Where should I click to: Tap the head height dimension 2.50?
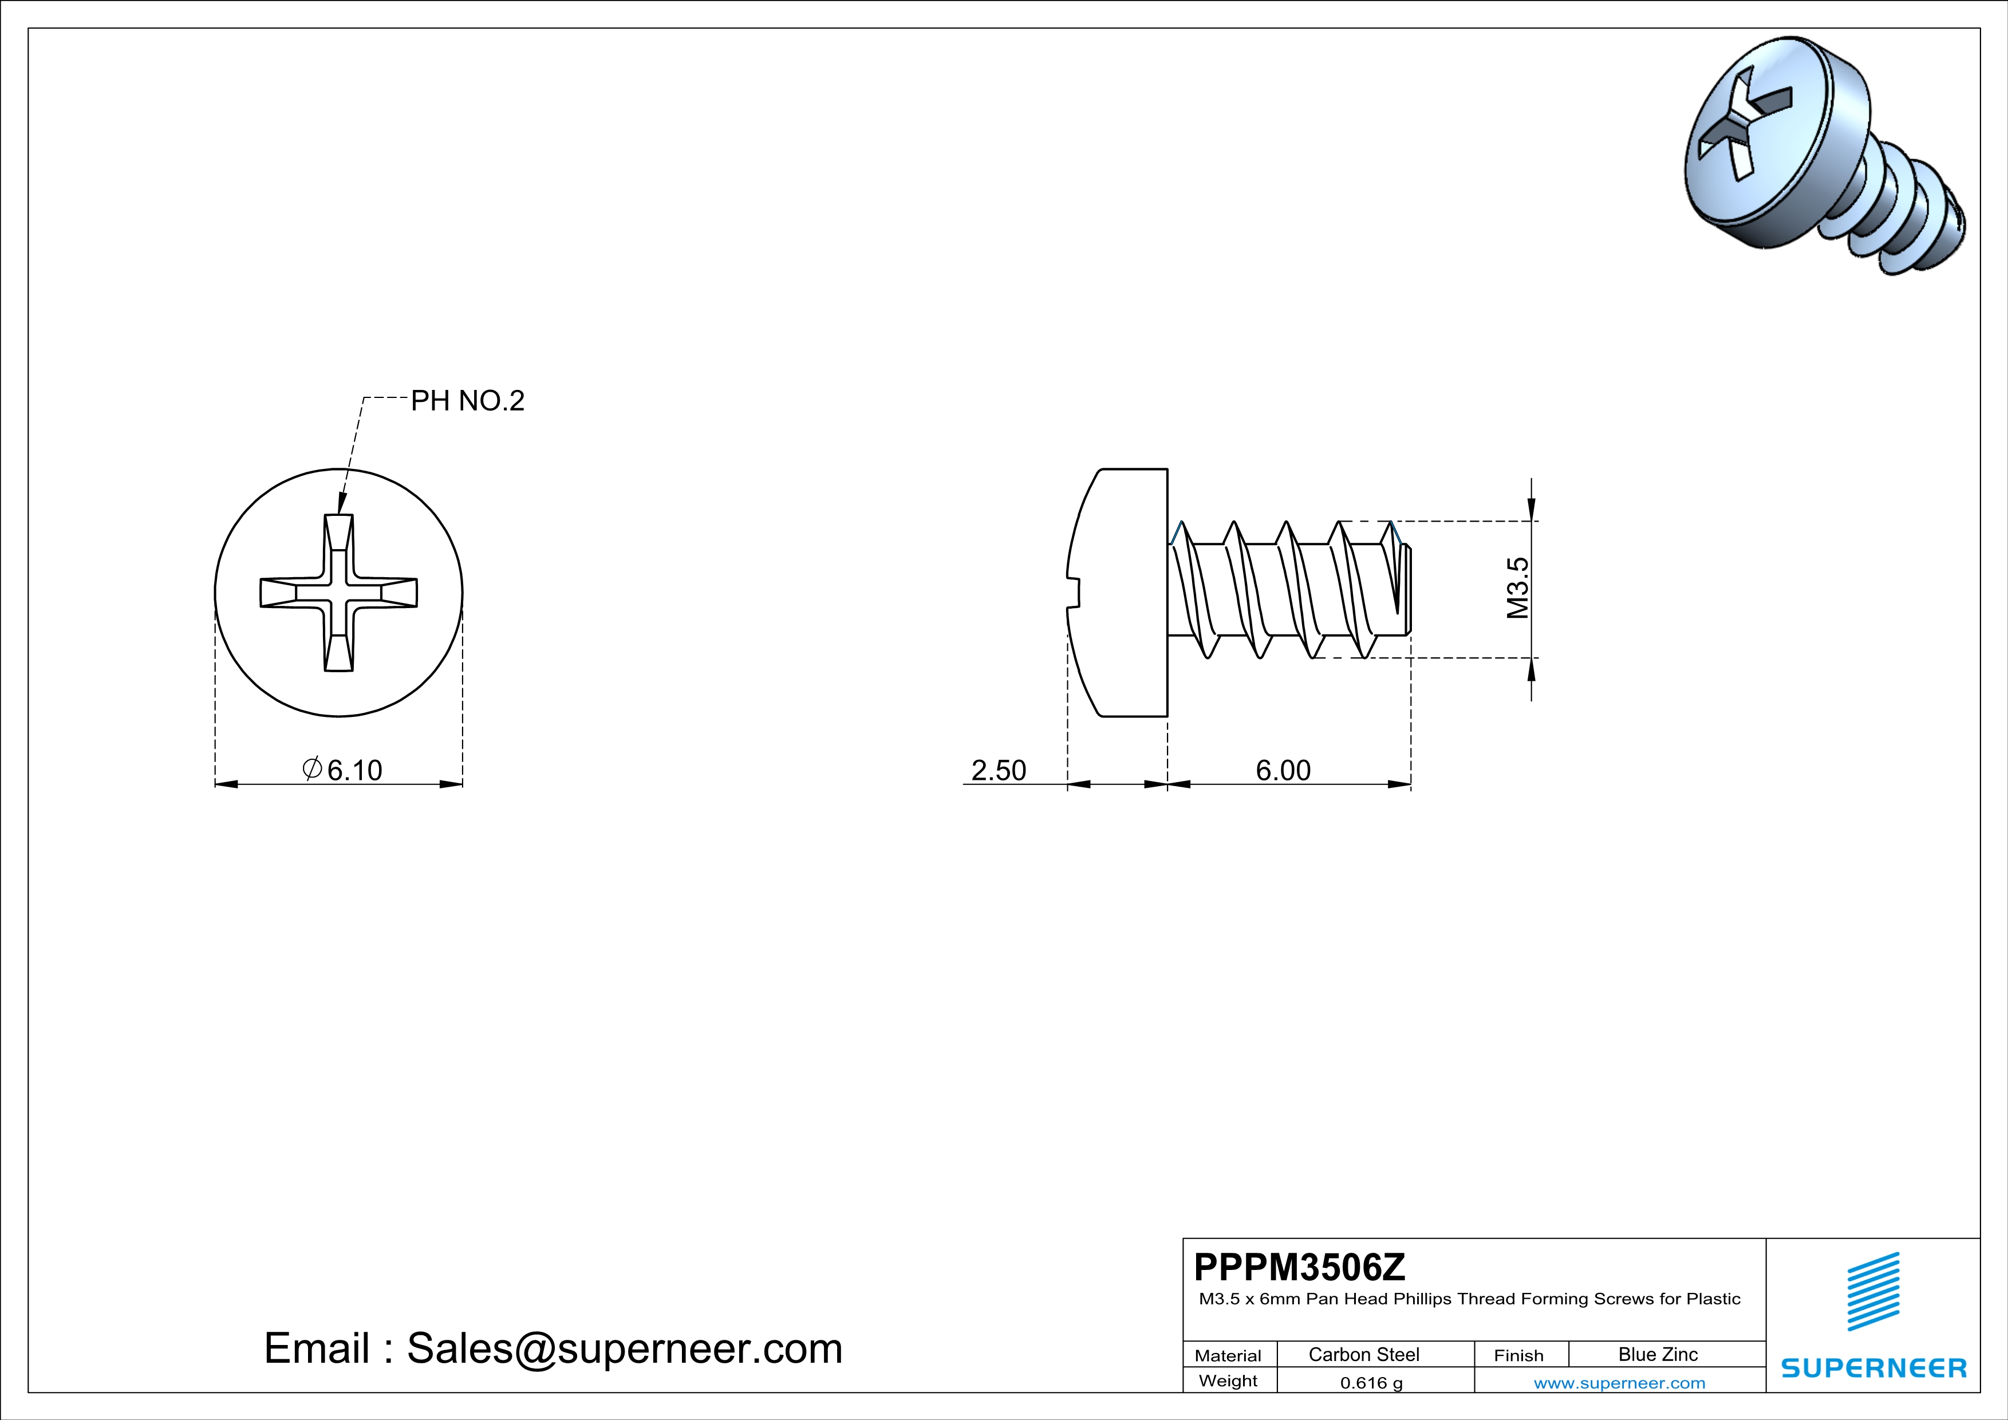998,770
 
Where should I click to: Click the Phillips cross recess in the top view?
338,593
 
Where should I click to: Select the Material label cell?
1228,1355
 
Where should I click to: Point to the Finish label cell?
1518,1355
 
